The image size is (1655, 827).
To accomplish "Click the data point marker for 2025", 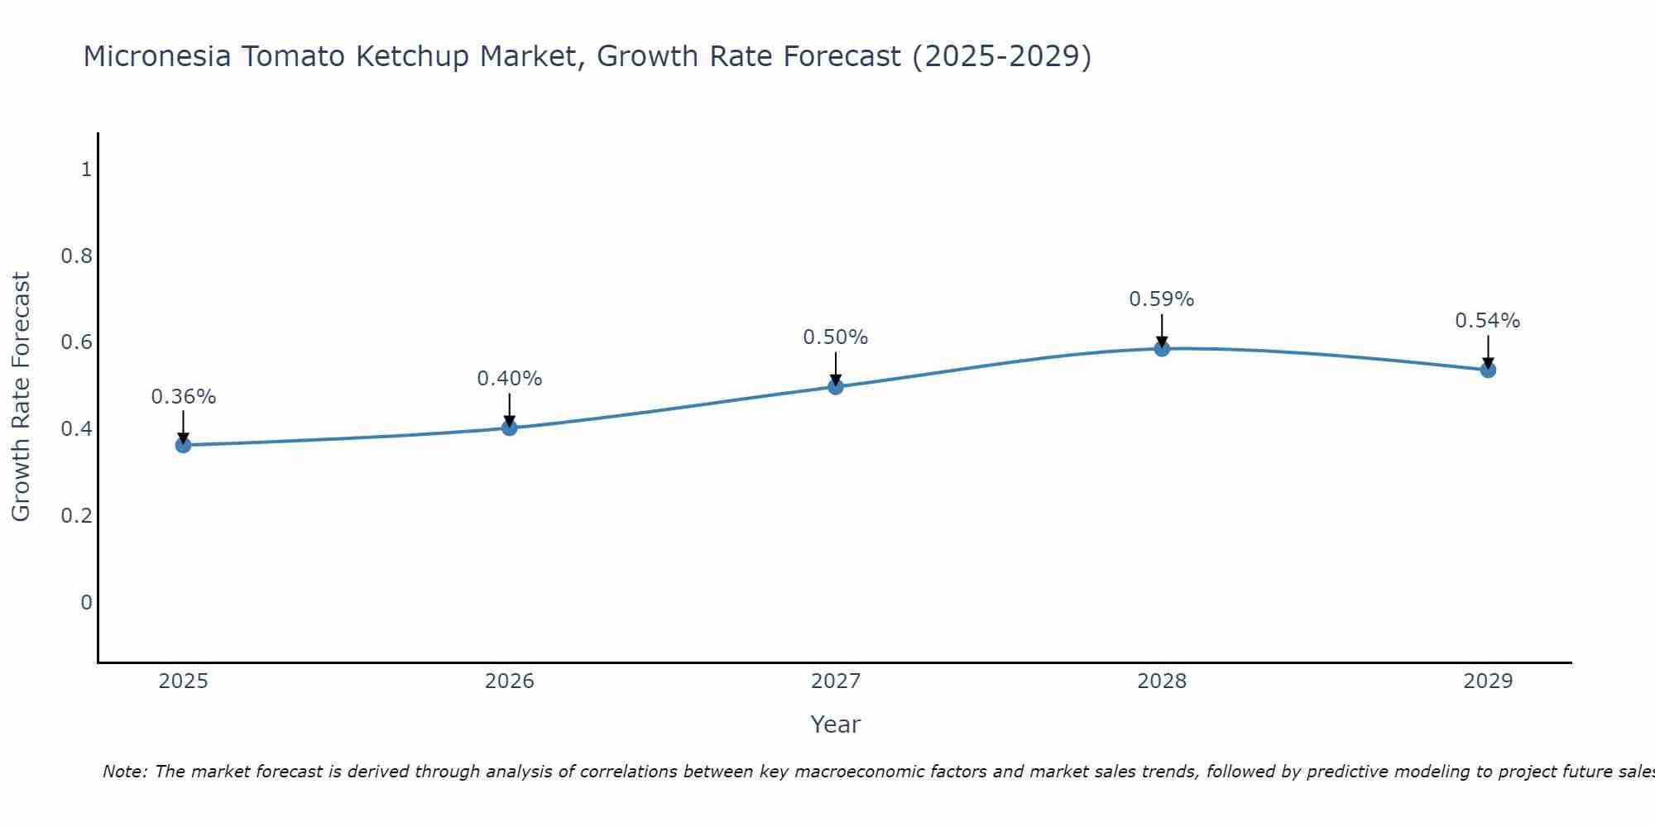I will coord(183,445).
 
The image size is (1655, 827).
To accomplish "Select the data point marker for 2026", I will coord(509,428).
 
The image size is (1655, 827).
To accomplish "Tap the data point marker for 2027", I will coord(835,386).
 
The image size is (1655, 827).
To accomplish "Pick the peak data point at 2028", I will coord(1161,348).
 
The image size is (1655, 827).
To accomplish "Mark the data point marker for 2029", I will coord(1487,370).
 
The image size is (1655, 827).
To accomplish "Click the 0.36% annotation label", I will coord(183,397).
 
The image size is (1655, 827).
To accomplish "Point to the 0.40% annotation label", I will coord(509,379).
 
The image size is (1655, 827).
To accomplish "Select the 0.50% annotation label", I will coord(835,337).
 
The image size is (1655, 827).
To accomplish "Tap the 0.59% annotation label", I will coord(1161,299).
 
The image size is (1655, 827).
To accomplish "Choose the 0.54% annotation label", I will coord(1487,321).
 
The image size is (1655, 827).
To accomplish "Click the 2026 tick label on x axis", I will coord(509,681).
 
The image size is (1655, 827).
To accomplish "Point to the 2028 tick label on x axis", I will coord(1161,681).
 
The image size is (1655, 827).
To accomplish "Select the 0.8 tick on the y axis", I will coord(76,256).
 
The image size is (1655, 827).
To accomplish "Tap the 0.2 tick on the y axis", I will coord(76,516).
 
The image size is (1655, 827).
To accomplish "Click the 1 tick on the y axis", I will coord(86,170).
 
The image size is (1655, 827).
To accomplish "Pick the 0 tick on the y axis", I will coord(86,602).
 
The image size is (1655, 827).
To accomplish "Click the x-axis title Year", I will coord(835,724).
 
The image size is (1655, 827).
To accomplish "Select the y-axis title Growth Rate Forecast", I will coord(21,397).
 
